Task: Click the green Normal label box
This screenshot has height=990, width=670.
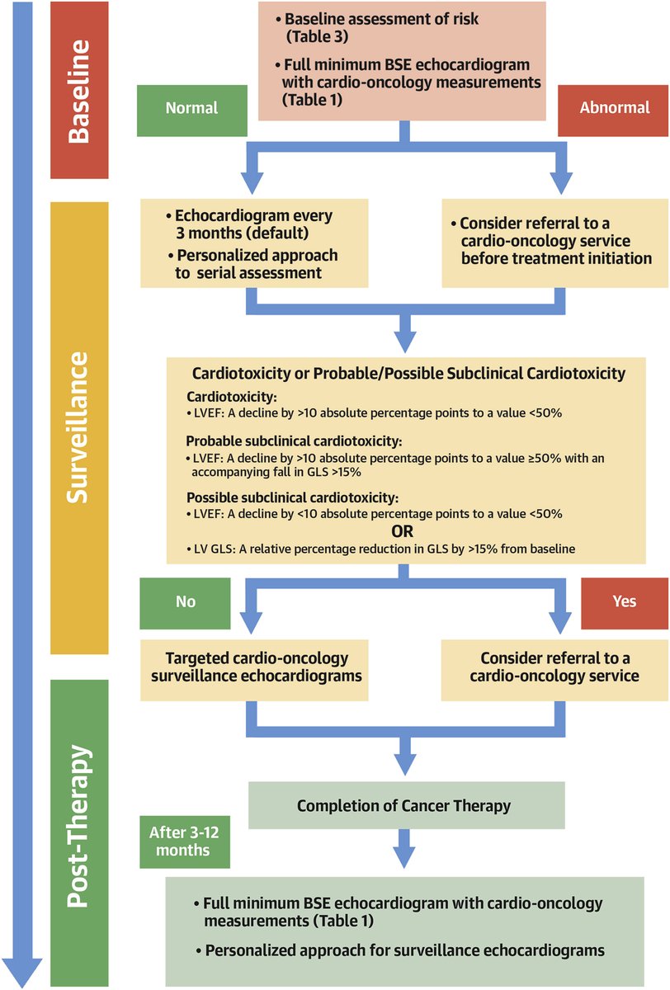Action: pos(191,108)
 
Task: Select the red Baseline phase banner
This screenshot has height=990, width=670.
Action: pos(79,90)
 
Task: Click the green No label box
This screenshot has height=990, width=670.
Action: pos(186,601)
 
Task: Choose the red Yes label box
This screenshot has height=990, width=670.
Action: pos(625,601)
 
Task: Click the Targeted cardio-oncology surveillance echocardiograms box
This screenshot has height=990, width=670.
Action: pos(257,667)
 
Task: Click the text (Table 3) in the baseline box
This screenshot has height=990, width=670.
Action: pos(317,37)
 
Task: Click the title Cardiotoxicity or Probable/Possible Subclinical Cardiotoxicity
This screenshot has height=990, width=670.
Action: pos(408,374)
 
